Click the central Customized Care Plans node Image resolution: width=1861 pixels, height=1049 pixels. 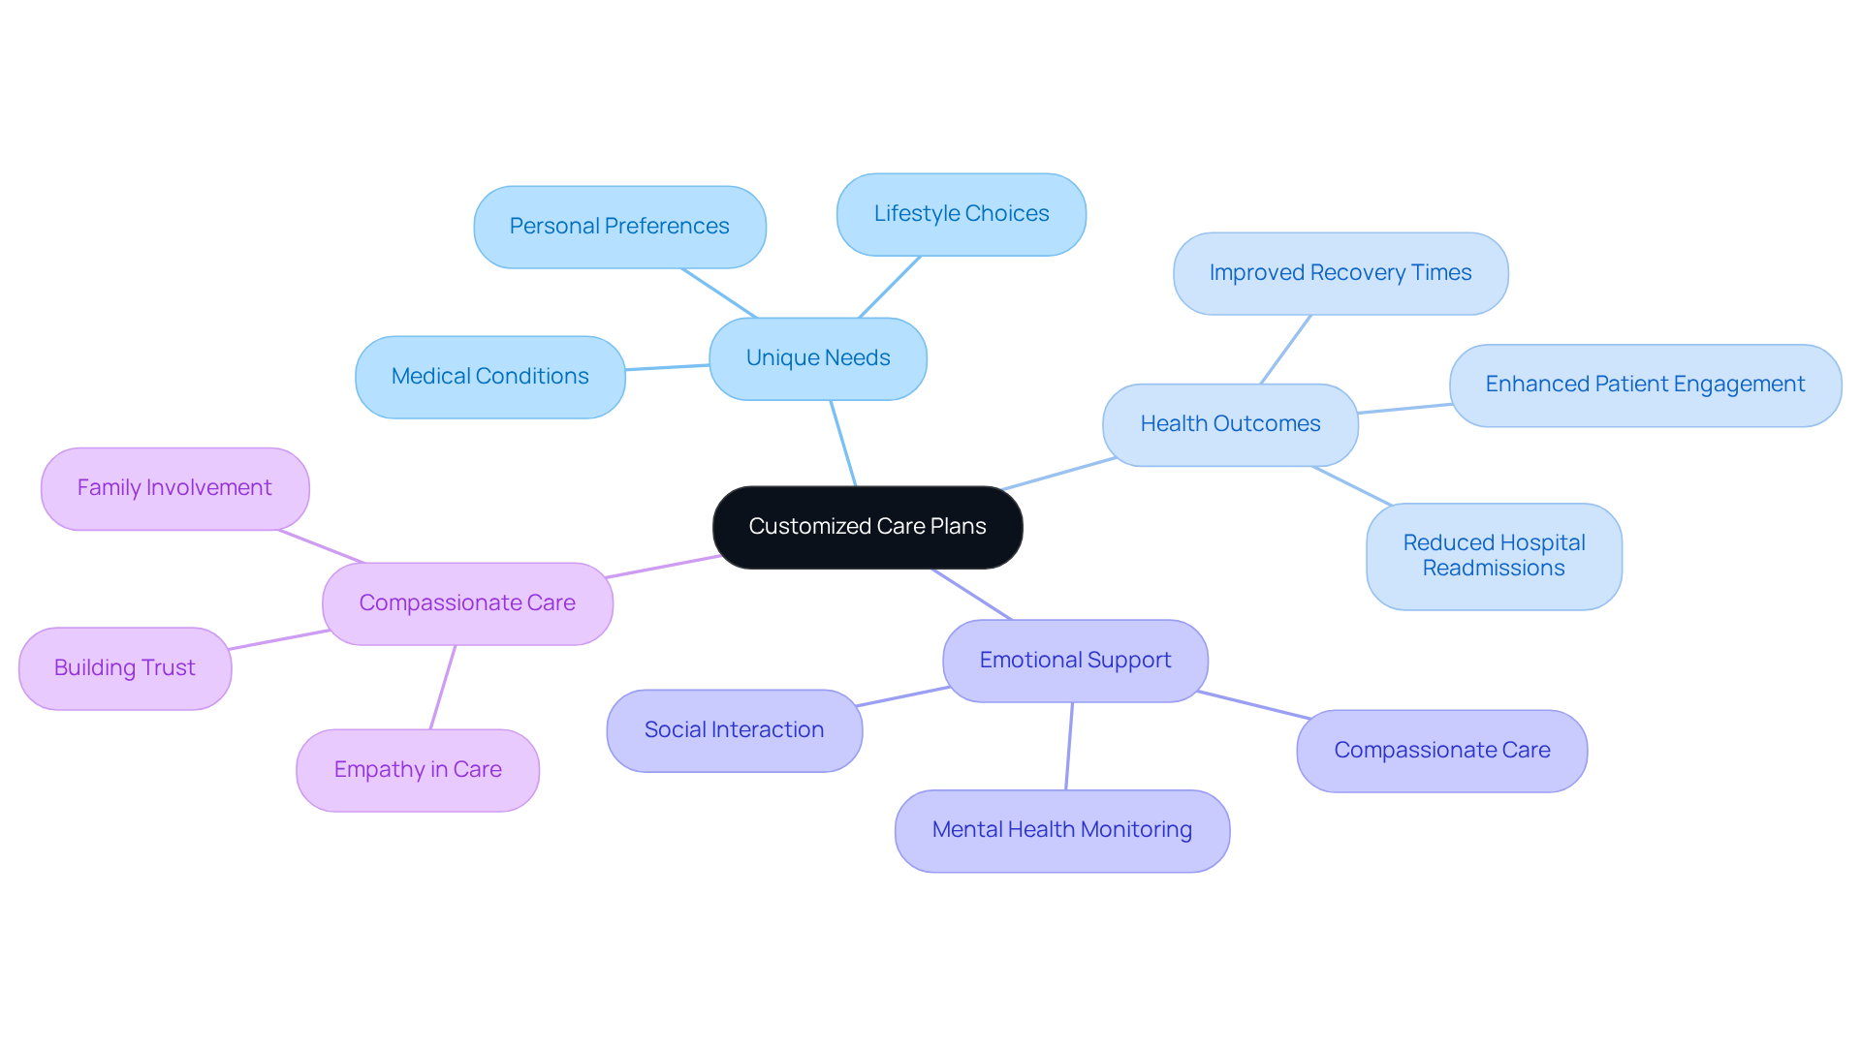coord(867,527)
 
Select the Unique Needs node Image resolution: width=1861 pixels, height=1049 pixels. coord(818,358)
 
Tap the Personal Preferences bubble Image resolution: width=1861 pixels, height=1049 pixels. coord(619,227)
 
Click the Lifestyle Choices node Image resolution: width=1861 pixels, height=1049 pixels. coord(961,214)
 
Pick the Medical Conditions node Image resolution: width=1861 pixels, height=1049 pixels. coord(489,377)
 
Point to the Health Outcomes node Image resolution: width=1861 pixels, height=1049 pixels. coord(1230,424)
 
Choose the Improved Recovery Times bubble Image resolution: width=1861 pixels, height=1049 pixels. coord(1340,273)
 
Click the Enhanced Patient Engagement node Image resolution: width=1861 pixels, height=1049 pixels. coord(1645,385)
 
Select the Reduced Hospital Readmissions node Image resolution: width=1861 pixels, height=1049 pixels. coord(1494,556)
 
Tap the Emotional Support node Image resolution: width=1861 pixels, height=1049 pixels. coord(1075,661)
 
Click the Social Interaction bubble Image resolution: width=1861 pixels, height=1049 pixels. coord(734,730)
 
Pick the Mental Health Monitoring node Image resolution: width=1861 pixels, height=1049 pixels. coord(1061,830)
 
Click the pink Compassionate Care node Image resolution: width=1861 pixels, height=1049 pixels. coord(467,603)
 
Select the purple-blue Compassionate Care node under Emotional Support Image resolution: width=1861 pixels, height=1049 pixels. coord(1441,751)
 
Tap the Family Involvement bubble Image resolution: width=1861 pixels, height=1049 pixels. coord(174,488)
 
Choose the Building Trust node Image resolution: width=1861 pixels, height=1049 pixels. coord(125,668)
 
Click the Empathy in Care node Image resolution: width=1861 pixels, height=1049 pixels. coord(418,770)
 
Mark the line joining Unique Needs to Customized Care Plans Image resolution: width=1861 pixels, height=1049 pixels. coord(843,444)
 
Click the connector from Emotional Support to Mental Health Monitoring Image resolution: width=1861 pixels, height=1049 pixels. coord(1069,746)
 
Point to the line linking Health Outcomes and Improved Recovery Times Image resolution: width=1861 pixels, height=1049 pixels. coord(1285,350)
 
